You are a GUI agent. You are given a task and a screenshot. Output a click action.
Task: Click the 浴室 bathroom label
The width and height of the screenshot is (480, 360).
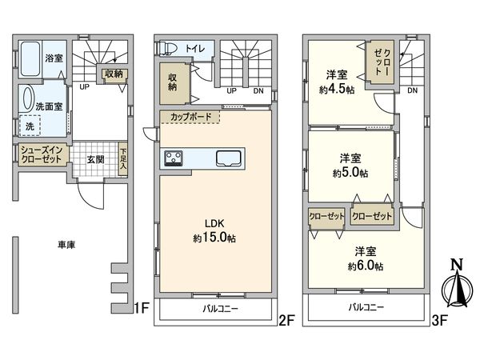[x=54, y=58]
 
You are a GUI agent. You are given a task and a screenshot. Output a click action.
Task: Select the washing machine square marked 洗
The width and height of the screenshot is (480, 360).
[x=30, y=126]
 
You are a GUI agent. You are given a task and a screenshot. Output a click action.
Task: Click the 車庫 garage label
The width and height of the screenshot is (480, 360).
[x=66, y=245]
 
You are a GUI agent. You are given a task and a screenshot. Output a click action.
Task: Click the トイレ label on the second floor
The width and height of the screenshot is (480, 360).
[x=195, y=49]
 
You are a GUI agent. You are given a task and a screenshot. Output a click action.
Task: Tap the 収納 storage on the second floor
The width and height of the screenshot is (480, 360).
[x=174, y=82]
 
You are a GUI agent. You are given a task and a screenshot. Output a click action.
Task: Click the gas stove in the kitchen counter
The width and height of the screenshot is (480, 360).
[x=175, y=158]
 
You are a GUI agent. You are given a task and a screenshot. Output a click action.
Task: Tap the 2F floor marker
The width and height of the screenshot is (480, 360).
[x=286, y=320]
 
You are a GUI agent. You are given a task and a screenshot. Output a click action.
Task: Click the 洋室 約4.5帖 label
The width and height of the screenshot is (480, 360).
[x=337, y=82]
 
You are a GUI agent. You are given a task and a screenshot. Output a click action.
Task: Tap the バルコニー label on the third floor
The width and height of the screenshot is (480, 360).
[x=365, y=307]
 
